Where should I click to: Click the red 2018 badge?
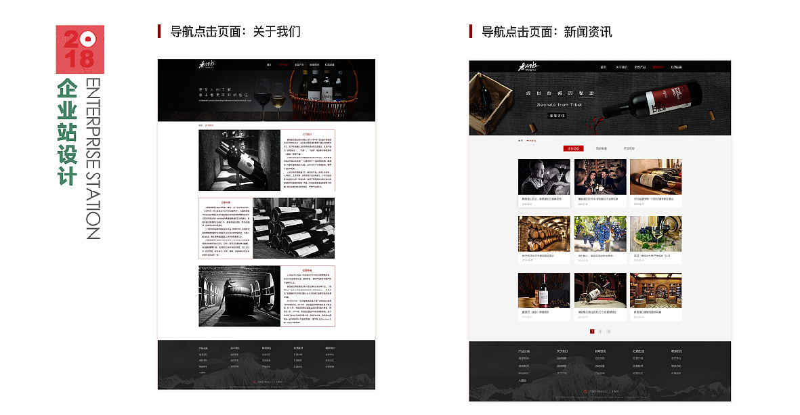point(80,49)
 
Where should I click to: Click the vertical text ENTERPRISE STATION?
point(93,158)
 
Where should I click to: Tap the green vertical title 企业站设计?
point(66,131)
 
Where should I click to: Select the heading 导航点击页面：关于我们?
point(234,32)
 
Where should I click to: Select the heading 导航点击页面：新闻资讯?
point(546,32)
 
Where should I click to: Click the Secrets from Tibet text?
point(560,105)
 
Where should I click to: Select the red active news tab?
point(573,148)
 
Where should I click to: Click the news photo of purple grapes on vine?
point(600,234)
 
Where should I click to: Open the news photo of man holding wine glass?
point(544,177)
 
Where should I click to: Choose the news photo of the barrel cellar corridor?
point(544,234)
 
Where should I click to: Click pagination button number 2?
point(600,331)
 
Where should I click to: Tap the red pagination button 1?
point(592,331)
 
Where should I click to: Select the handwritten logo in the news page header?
point(528,66)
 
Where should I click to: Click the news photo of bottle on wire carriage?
point(600,290)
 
